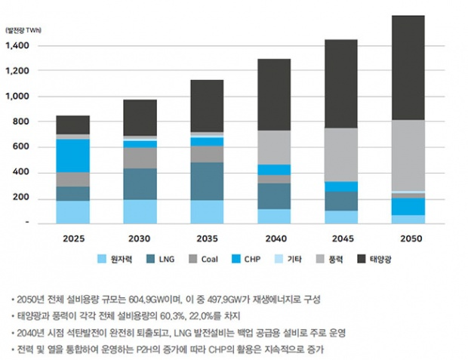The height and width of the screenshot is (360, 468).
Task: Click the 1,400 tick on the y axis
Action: point(17,46)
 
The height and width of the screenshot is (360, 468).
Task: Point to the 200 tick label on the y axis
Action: point(20,198)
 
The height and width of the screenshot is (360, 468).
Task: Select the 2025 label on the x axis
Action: point(73,238)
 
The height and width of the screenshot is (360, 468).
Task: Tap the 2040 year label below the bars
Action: point(274,238)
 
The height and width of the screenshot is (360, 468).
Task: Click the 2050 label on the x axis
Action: point(408,238)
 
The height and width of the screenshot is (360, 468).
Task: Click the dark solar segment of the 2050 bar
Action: point(408,68)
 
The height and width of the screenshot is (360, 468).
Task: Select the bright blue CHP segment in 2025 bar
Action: point(73,155)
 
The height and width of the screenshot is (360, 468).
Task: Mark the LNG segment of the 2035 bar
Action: point(207,181)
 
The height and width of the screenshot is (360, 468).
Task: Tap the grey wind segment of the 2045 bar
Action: point(341,155)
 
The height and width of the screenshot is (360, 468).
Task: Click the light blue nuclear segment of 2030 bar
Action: point(140,211)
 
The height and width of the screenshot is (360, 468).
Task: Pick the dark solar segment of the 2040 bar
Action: point(274,94)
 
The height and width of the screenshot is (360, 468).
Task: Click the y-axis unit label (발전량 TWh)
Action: point(25,31)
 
